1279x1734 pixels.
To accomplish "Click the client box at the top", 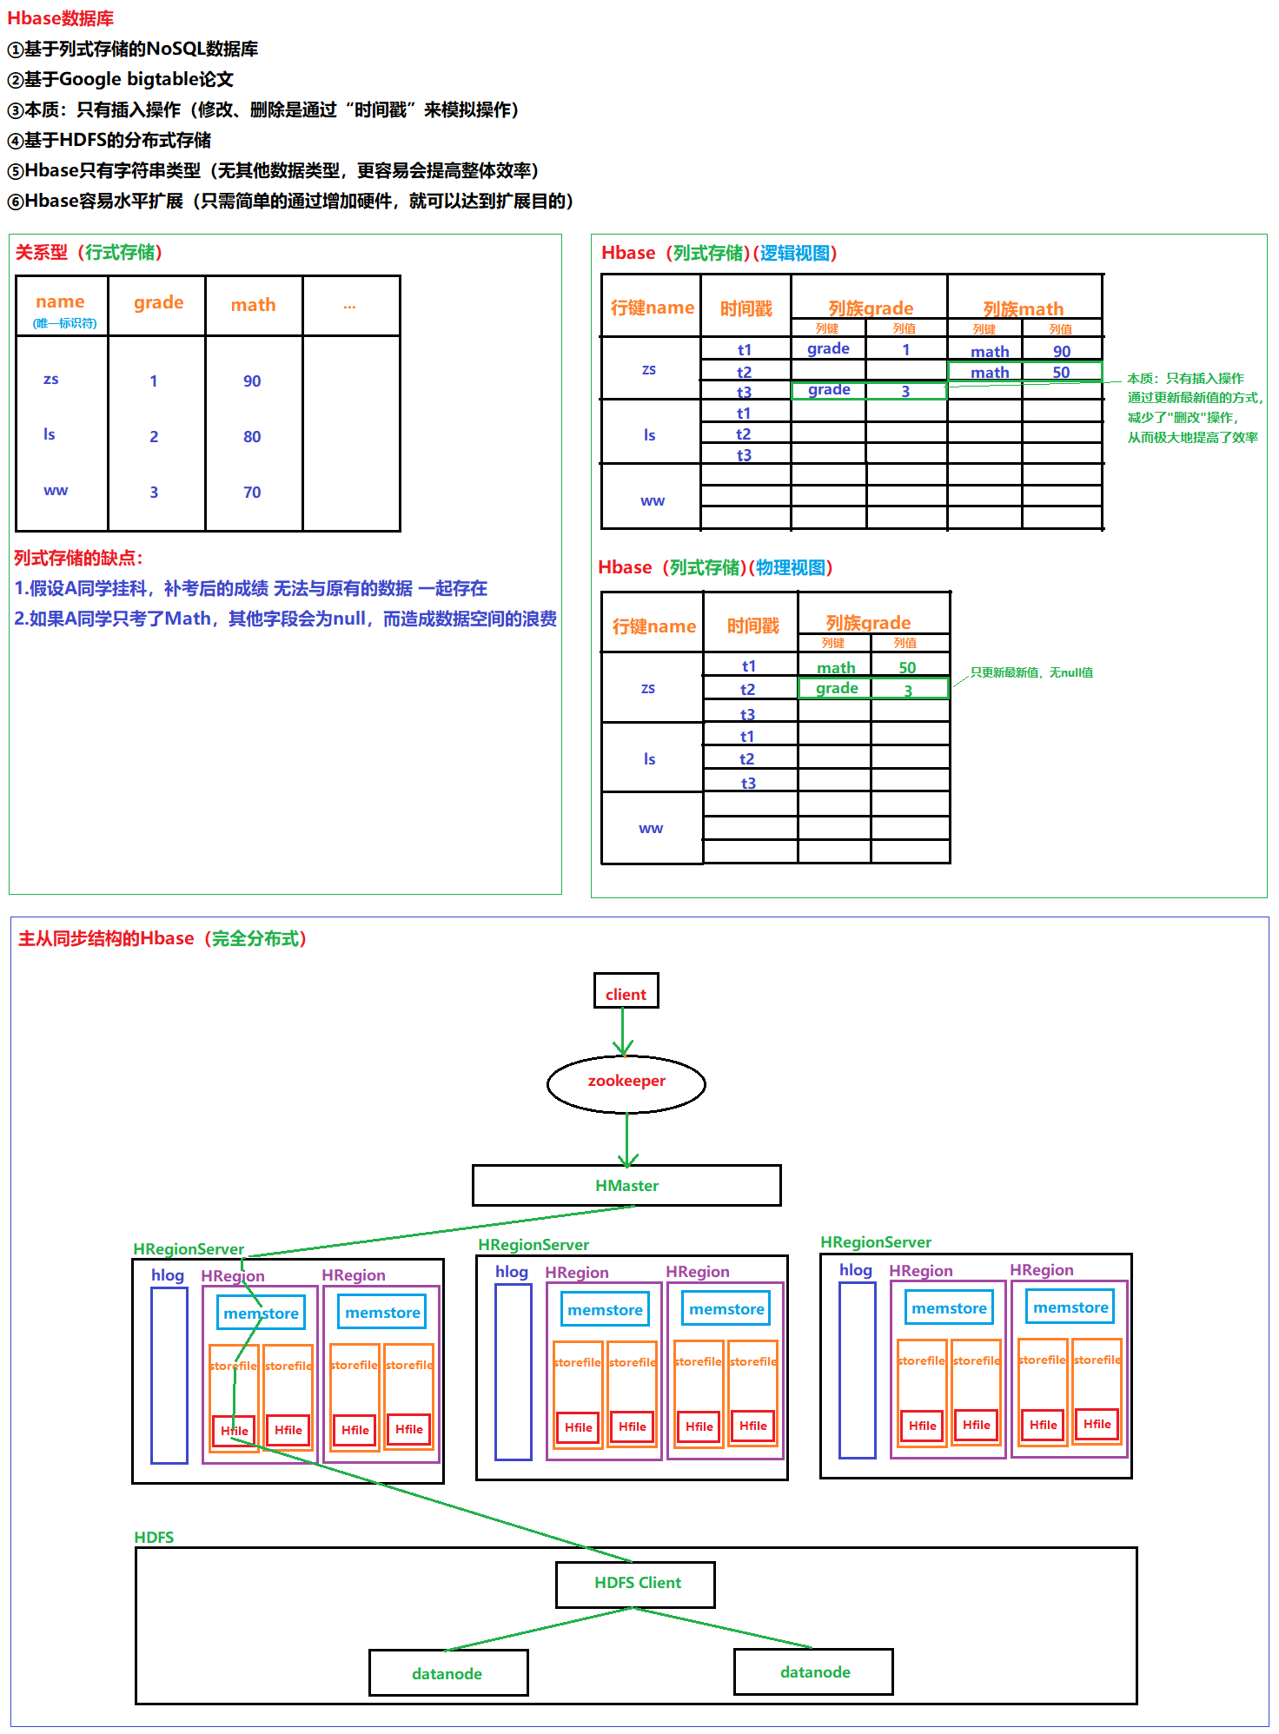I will point(626,991).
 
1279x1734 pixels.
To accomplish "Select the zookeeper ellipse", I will point(626,1082).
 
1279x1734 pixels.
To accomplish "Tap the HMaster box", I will point(626,1186).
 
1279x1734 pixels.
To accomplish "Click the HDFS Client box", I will point(636,1584).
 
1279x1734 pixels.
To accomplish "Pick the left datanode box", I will point(448,1673).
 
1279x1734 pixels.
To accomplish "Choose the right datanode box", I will point(814,1671).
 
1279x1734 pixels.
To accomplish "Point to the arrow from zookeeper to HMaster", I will point(626,1139).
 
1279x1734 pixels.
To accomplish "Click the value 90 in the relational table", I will point(252,381).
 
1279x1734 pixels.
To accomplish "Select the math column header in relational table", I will point(253,305).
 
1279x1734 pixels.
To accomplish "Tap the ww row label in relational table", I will point(56,491).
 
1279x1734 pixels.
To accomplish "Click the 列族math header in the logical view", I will point(1024,308).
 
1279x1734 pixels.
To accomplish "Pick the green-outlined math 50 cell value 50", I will point(1061,373).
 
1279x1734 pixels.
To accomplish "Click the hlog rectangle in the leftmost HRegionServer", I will point(169,1374).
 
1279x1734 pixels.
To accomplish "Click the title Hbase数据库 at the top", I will point(60,18).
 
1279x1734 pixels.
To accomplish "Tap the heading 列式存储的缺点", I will point(78,558).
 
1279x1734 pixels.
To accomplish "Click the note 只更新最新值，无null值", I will point(1031,672).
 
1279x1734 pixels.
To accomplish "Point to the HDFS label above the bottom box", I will point(154,1537).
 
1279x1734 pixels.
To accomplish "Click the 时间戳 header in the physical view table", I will point(752,625).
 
